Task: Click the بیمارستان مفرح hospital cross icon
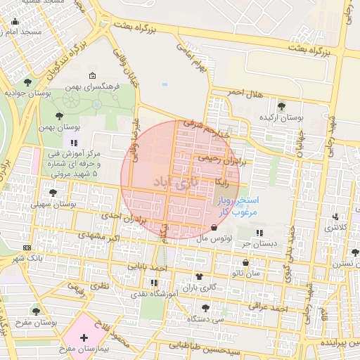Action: (x=84, y=337)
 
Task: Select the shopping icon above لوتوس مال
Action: (x=214, y=228)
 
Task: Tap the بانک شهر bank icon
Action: (x=27, y=247)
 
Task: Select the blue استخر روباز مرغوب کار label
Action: (x=238, y=205)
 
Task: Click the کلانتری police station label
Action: (x=335, y=227)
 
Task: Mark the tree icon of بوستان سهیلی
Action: (x=52, y=192)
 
